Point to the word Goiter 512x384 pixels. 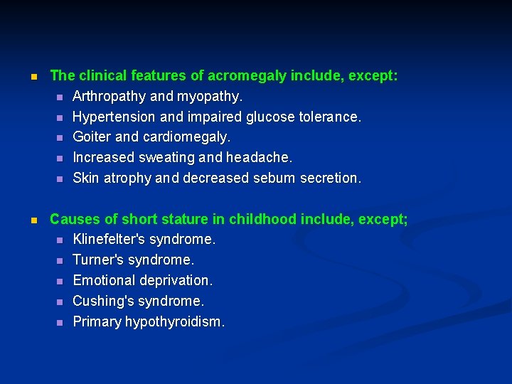(x=92, y=137)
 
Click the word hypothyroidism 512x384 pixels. (x=174, y=322)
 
